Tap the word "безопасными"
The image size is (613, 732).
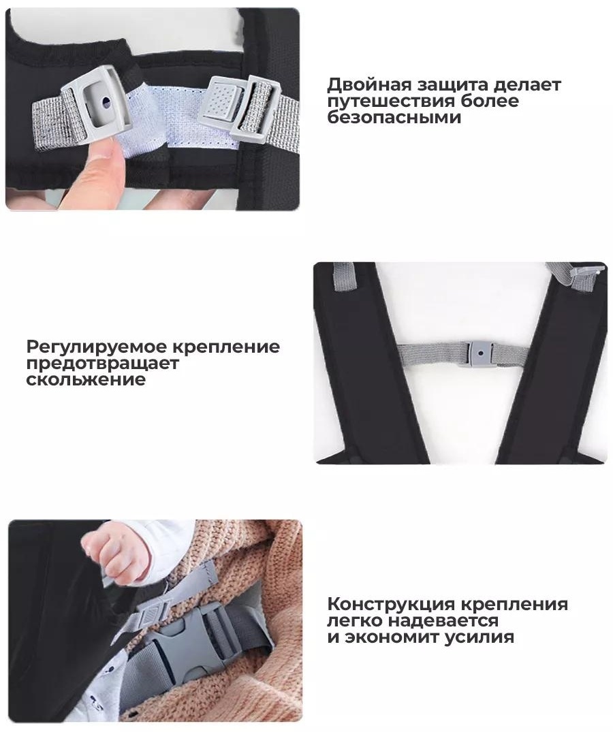tap(394, 117)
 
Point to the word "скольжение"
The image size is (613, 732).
tap(86, 379)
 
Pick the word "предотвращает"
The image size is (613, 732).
tap(103, 364)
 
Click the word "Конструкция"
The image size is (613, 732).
tap(391, 604)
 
